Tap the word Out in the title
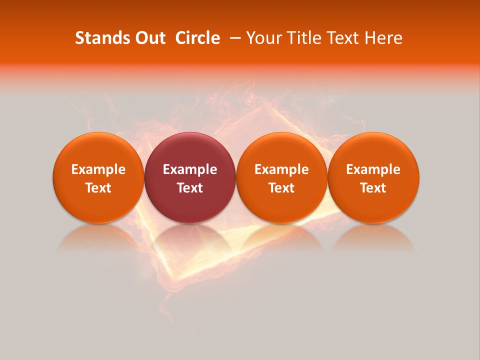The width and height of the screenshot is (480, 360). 150,38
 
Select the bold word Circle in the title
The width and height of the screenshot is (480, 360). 197,38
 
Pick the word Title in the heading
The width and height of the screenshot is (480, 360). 305,38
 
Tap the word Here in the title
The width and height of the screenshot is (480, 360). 383,38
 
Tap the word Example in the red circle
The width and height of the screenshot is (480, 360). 190,169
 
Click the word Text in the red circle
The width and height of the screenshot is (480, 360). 190,188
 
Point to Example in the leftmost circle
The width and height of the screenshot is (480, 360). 98,169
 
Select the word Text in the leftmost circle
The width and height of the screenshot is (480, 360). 98,188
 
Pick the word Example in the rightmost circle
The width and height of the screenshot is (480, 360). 373,169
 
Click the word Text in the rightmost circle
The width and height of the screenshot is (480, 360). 373,188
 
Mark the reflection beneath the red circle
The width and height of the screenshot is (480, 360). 190,239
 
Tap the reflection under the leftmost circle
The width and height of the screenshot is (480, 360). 98,239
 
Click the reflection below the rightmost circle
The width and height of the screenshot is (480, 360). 373,239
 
